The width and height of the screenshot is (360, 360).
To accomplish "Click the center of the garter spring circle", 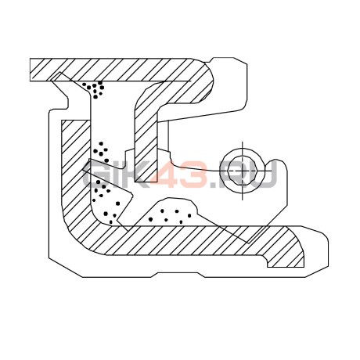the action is (243, 171).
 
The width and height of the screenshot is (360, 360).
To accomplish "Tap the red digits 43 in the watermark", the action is (183, 173).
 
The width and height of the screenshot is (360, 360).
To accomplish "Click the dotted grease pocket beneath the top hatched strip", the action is (95, 88).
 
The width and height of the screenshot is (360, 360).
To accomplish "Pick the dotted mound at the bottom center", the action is (170, 214).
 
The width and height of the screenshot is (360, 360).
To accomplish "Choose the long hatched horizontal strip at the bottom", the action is (198, 240).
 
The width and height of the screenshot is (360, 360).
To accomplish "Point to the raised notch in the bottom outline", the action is (178, 275).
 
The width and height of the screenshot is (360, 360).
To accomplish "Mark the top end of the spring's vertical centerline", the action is (243, 142).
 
